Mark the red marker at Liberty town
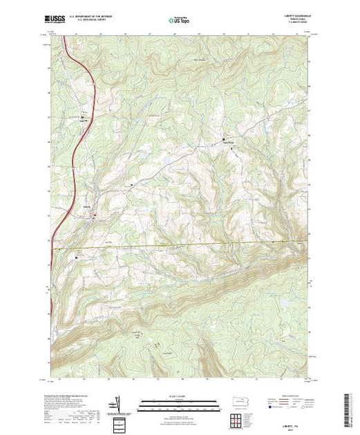click(x=94, y=216)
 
